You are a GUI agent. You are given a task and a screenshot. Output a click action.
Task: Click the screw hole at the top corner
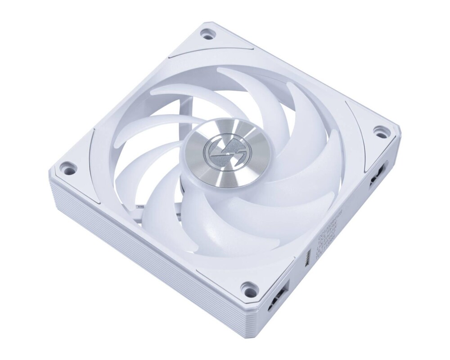click(x=207, y=34)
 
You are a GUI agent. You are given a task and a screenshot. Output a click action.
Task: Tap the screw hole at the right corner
click(x=380, y=132)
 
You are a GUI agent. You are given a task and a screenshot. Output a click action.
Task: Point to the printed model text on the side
click(x=331, y=232)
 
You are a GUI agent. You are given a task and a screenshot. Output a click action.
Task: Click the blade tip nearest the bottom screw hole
click(x=234, y=256)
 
